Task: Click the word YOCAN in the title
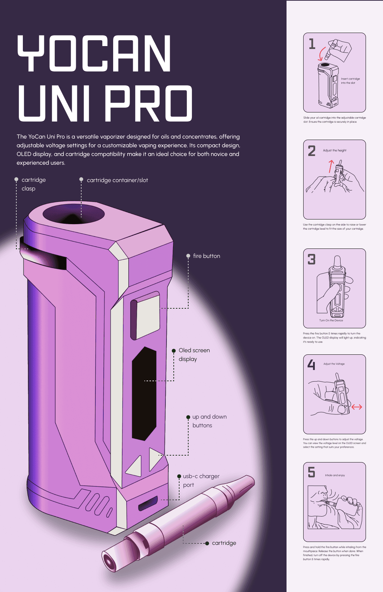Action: click(94, 53)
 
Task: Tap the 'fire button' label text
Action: click(206, 256)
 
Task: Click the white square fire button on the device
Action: click(146, 315)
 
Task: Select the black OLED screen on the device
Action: click(144, 394)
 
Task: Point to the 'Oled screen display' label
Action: click(194, 354)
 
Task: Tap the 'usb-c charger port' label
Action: click(201, 481)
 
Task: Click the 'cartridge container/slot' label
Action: click(118, 180)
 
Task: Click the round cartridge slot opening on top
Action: click(74, 214)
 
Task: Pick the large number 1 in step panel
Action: click(312, 44)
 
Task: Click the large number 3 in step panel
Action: click(312, 259)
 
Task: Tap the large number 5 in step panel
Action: click(312, 472)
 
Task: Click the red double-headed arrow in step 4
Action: click(357, 407)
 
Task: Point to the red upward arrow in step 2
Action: click(331, 166)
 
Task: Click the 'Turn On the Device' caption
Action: click(331, 320)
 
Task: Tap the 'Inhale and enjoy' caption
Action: click(335, 475)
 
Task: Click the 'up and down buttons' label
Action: click(209, 421)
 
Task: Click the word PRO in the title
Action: click(149, 103)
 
